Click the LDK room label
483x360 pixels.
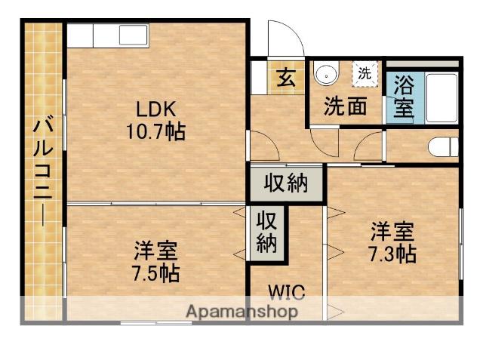(156, 109)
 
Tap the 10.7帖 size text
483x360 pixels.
(156, 131)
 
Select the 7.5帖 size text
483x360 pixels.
(156, 273)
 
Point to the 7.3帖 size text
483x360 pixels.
(392, 254)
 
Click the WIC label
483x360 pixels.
(287, 292)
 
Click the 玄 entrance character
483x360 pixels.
(287, 78)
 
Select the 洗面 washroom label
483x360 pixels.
(346, 106)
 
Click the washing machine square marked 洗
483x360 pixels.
(365, 74)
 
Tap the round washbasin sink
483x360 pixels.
(326, 74)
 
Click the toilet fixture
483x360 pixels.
(443, 146)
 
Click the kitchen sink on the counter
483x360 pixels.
(133, 35)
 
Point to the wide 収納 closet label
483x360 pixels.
(286, 183)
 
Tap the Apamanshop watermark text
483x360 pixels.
(242, 312)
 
